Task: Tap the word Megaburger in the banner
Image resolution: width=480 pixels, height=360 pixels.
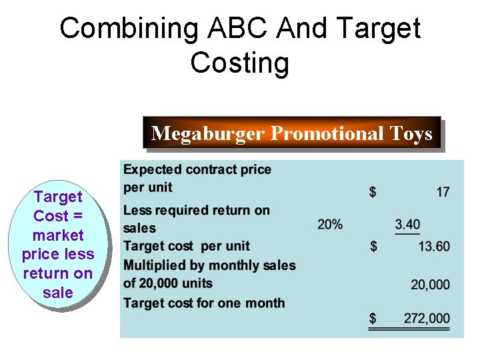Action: pyautogui.click(x=208, y=134)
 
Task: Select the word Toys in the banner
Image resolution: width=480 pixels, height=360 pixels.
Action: pyautogui.click(x=412, y=134)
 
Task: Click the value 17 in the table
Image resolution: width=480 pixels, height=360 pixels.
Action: pyautogui.click(x=443, y=192)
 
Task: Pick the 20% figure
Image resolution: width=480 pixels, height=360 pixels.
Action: pyautogui.click(x=330, y=224)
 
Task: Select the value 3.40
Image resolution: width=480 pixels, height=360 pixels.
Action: pyautogui.click(x=407, y=224)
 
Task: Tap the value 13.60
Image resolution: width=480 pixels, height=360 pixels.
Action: pyautogui.click(x=433, y=247)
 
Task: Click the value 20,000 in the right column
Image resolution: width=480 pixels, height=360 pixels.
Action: pyautogui.click(x=430, y=285)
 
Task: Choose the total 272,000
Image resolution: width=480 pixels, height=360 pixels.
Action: pyautogui.click(x=427, y=319)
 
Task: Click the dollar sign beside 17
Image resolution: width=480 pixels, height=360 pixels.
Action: pyautogui.click(x=373, y=192)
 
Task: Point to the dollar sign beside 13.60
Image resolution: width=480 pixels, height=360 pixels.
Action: pyautogui.click(x=373, y=247)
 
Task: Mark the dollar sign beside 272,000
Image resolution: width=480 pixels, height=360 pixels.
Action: pyautogui.click(x=373, y=319)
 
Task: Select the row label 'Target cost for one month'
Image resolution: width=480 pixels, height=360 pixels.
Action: pyautogui.click(x=203, y=303)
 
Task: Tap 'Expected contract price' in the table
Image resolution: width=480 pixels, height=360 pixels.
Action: pyautogui.click(x=197, y=169)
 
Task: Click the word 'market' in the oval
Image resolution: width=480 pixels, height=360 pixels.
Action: pyautogui.click(x=58, y=235)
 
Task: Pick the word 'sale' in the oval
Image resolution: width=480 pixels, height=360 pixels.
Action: pyautogui.click(x=57, y=292)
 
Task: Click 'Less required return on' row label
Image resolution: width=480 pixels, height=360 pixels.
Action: pyautogui.click(x=197, y=211)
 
